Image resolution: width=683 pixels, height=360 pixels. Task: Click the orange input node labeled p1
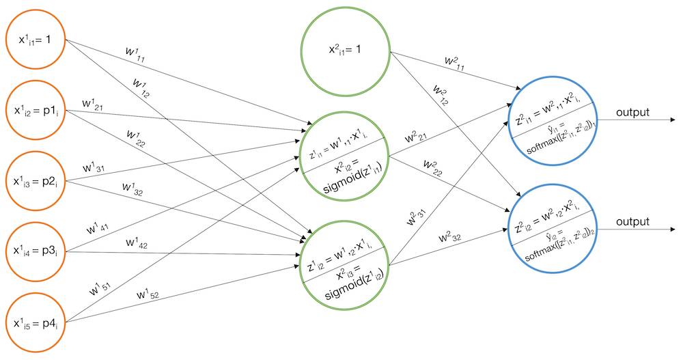coord(36,111)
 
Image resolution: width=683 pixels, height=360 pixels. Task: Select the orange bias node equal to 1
coord(36,40)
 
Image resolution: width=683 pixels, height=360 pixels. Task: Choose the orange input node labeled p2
coord(36,182)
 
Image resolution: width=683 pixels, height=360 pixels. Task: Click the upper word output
coord(632,112)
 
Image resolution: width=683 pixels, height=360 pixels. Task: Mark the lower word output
coord(632,222)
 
